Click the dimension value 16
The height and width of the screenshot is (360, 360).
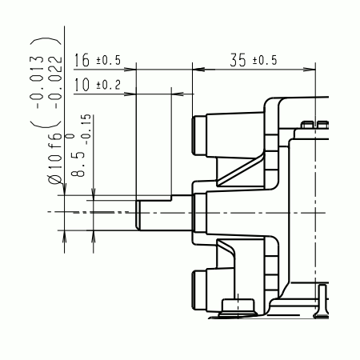pos(82,60)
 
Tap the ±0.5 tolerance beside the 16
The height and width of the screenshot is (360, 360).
pos(108,61)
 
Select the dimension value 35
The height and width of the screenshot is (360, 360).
pos(238,60)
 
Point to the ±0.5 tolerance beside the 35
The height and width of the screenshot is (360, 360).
pos(265,61)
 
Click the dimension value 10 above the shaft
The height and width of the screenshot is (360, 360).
pos(82,85)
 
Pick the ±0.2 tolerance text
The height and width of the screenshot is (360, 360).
pos(108,85)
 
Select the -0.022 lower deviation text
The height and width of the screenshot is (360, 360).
pos(55,82)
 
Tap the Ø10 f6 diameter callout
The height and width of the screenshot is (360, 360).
pos(55,158)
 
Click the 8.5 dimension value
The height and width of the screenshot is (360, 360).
pos(78,165)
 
